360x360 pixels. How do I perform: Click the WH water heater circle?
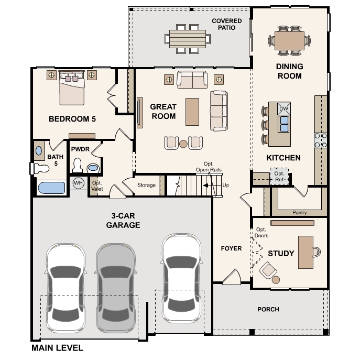pyautogui.click(x=78, y=183)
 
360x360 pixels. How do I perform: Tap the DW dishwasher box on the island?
pyautogui.click(x=284, y=108)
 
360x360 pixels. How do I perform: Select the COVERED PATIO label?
pyautogui.click(x=226, y=24)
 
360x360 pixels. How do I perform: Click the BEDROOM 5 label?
pyautogui.click(x=72, y=119)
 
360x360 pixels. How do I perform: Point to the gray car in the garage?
pyautogui.click(x=116, y=288)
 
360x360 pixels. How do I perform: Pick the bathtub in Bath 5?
pyautogui.click(x=51, y=188)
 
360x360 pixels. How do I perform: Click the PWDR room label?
pyautogui.click(x=80, y=149)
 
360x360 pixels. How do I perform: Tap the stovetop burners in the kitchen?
pyautogui.click(x=321, y=140)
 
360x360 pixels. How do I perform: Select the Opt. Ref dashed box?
pyautogui.click(x=279, y=176)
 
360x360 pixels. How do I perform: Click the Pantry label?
pyautogui.click(x=299, y=213)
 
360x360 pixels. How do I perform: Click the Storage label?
pyautogui.click(x=146, y=185)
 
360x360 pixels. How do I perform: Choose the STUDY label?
pyautogui.click(x=281, y=254)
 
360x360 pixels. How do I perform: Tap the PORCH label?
pyautogui.click(x=268, y=309)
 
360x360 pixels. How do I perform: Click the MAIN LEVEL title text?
pyautogui.click(x=58, y=348)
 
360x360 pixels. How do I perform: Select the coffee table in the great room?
pyautogui.click(x=192, y=112)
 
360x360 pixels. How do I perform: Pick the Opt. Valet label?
pyautogui.click(x=97, y=186)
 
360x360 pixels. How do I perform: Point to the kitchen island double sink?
pyautogui.click(x=284, y=124)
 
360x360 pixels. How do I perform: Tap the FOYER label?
pyautogui.click(x=231, y=248)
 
